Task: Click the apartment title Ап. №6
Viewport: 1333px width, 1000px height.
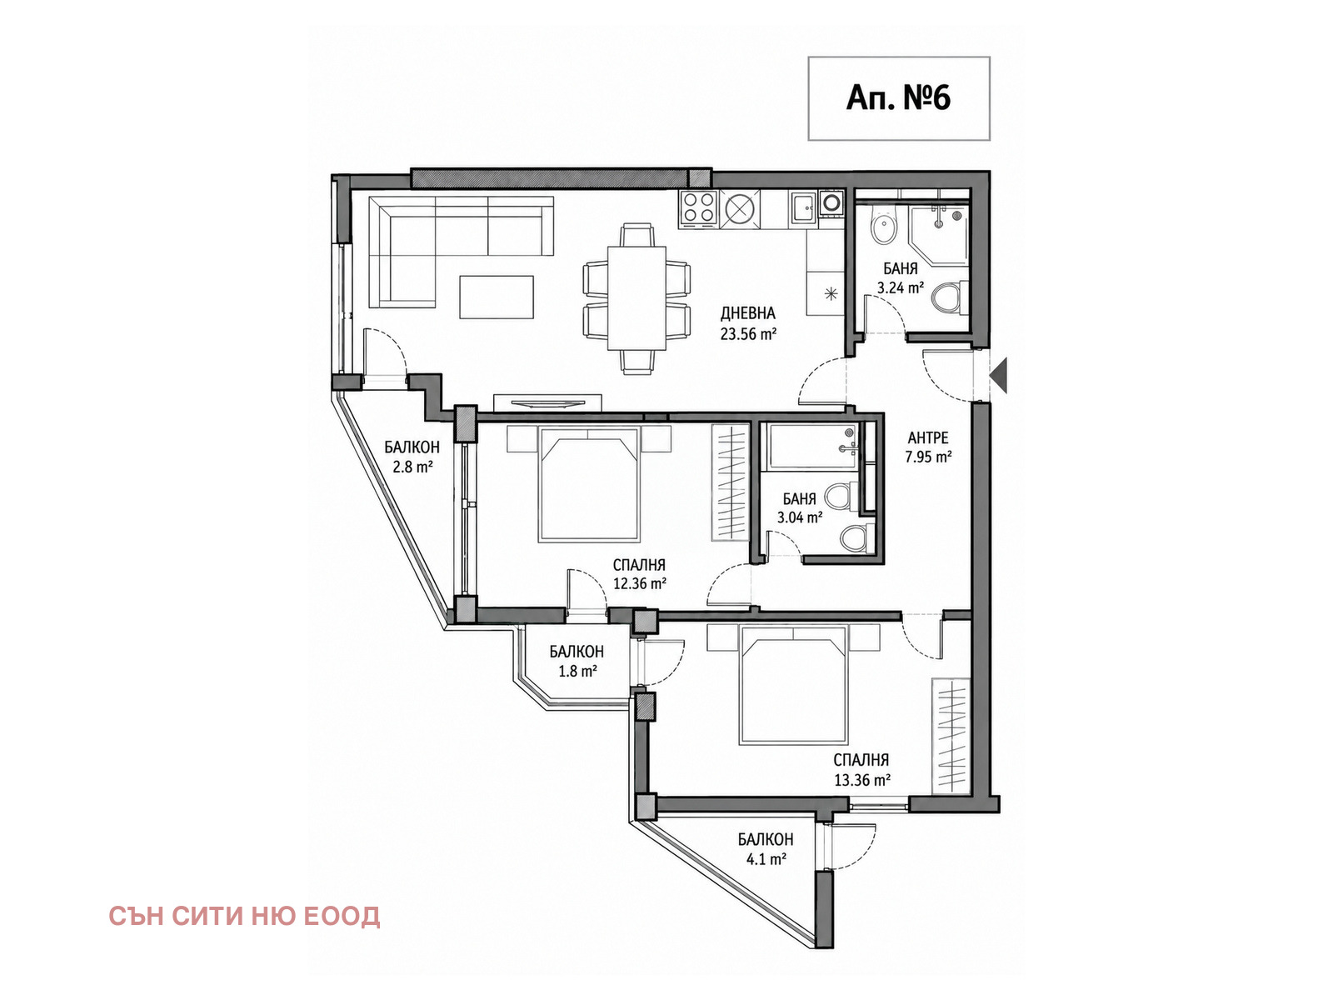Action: coord(898,97)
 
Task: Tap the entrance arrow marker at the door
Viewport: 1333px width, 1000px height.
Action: coord(998,376)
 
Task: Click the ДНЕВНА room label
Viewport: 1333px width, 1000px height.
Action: coord(748,313)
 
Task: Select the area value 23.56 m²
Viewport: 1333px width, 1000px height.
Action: coord(749,333)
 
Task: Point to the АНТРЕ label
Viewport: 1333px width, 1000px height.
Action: coord(928,437)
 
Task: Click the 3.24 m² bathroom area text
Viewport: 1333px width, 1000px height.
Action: coord(900,287)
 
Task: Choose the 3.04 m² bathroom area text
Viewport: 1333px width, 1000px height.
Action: coord(800,517)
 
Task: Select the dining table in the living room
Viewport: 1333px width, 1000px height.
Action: coord(637,297)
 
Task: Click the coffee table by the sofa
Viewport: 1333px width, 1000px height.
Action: coord(497,297)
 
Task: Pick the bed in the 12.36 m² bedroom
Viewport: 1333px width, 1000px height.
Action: coord(589,484)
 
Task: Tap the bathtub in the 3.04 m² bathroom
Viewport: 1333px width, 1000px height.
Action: coord(813,447)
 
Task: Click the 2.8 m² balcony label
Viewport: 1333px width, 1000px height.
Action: coord(412,457)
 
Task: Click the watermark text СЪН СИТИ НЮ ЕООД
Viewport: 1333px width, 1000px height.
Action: coord(244,916)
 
